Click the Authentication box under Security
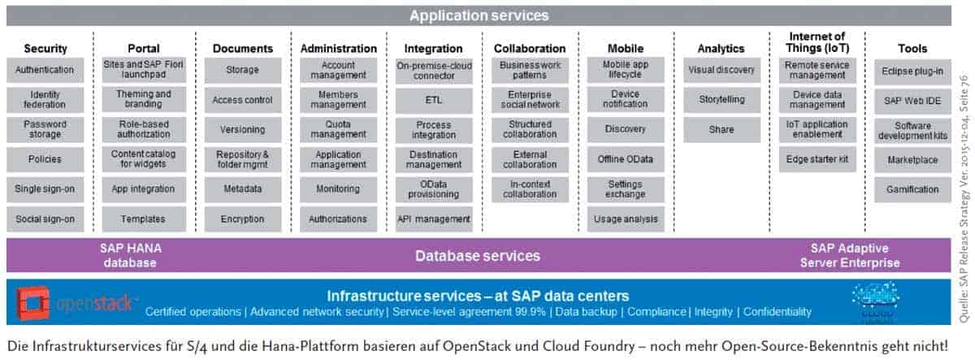coord(45,70)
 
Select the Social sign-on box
coord(45,219)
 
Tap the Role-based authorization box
coord(144,129)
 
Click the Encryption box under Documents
coord(242,219)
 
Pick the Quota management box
coord(338,129)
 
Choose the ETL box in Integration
coord(434,100)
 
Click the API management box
coord(434,219)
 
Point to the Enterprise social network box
coord(529,100)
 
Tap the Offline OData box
coord(625,159)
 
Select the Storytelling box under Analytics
coord(721,100)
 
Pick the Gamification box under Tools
coord(912,189)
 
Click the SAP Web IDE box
coord(912,100)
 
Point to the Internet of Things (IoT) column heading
coord(817,42)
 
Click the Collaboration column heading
coord(529,49)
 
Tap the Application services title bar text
coord(479,15)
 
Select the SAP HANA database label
coord(129,255)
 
